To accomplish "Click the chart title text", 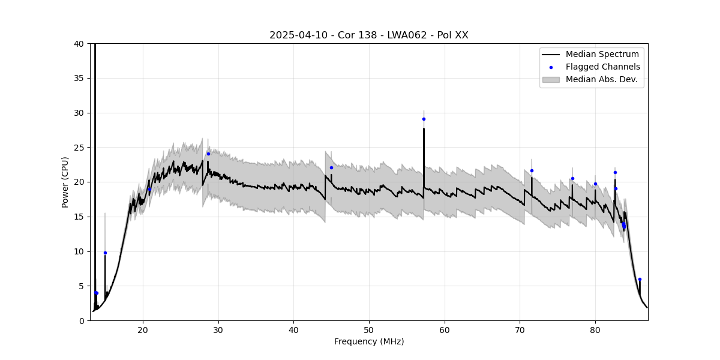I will [368, 35].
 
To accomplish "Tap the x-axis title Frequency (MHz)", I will [368, 341].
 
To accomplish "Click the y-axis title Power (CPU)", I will [65, 182].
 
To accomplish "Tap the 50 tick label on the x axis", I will [369, 330].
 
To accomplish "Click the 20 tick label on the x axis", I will [143, 330].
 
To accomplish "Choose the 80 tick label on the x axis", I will [595, 330].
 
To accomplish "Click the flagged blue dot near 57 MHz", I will [424, 119].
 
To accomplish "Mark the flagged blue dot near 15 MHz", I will [105, 253].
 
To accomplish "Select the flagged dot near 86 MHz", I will [640, 279].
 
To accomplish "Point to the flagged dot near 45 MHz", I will [331, 167].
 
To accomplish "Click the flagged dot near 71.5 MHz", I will [532, 170].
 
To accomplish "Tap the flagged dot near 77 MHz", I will [572, 178].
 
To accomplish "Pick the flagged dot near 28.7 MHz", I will [208, 154].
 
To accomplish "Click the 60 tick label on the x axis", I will [445, 330].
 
